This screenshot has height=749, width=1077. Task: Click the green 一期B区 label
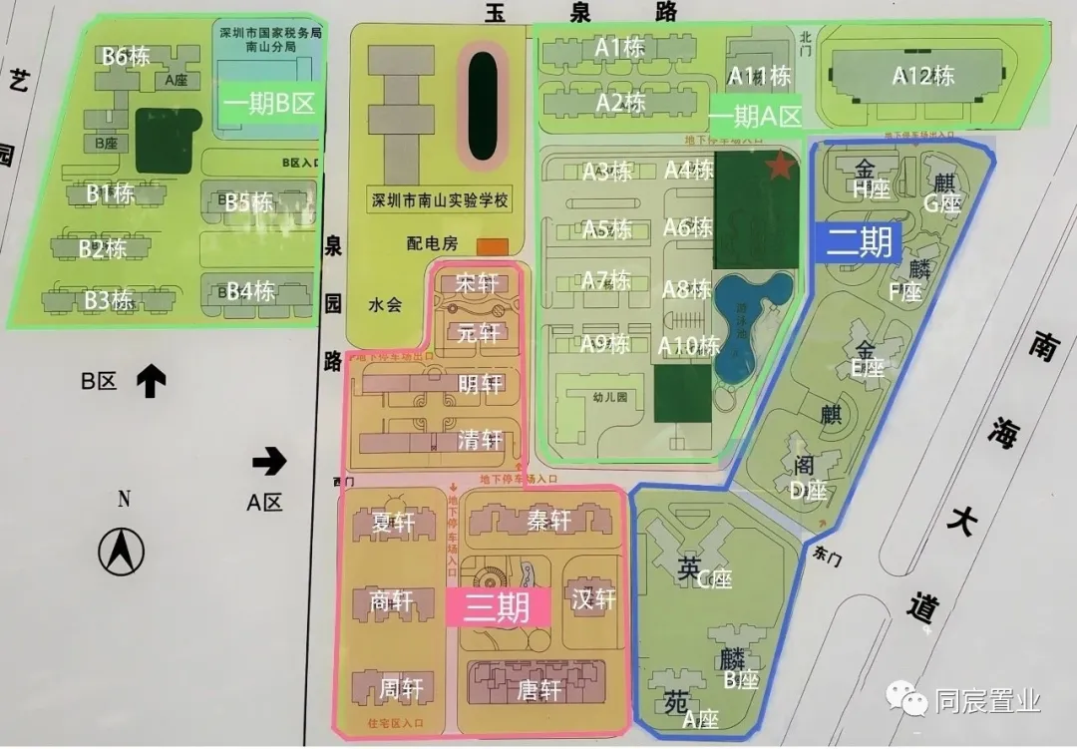point(269,103)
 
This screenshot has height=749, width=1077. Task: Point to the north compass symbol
point(121,551)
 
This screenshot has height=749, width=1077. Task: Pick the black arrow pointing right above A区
point(268,461)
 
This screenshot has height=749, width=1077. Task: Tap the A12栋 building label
point(923,76)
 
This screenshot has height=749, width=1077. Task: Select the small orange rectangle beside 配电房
point(492,245)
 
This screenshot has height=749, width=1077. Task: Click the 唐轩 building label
point(539,688)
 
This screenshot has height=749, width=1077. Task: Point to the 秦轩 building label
point(547,521)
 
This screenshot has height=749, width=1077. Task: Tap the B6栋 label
point(126,56)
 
